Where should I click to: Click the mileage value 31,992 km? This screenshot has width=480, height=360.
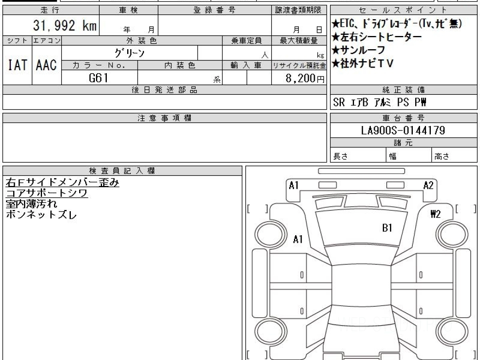coord(65,25)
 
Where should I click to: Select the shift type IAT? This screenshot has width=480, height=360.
coord(18,65)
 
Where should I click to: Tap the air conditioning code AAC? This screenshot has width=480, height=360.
coord(46,65)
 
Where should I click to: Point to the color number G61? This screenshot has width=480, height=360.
coord(98,78)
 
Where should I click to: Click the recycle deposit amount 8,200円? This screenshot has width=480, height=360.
coord(305,78)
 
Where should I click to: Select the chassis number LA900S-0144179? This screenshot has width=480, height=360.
coord(403,130)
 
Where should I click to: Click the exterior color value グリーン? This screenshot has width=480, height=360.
coord(130,53)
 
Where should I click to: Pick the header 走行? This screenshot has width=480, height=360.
coord(50,10)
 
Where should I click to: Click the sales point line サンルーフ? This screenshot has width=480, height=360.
coord(358,50)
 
